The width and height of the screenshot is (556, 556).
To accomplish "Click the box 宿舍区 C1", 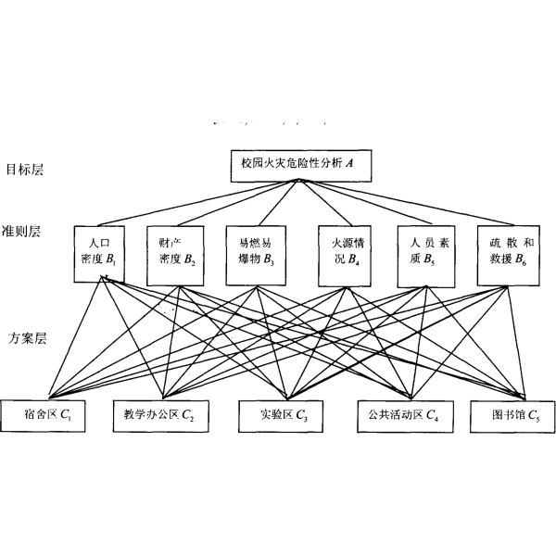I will point(45,414).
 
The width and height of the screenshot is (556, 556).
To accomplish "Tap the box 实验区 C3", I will point(279,414).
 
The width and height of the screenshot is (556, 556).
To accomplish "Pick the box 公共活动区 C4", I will point(404,414).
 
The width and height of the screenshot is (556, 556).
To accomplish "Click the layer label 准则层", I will point(21,231).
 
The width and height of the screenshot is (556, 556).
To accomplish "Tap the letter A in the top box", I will point(350,165).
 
